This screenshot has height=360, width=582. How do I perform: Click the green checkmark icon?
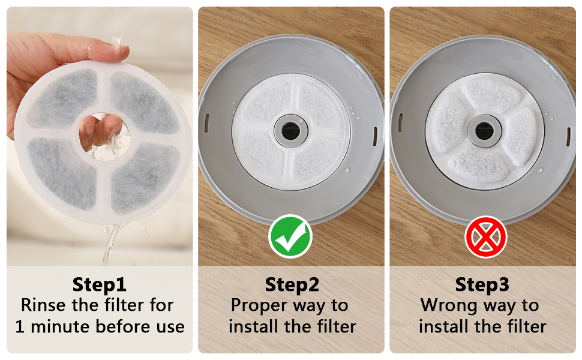pyautogui.click(x=290, y=236)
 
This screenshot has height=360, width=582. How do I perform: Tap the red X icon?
pyautogui.click(x=486, y=237)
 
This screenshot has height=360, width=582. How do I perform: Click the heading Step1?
pyautogui.click(x=100, y=284)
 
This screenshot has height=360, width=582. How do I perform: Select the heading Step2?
pyautogui.click(x=292, y=284)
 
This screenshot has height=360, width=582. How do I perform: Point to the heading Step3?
pyautogui.click(x=482, y=284)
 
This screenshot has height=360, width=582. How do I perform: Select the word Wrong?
pyautogui.click(x=448, y=306)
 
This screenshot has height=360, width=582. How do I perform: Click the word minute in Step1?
pyautogui.click(x=60, y=326)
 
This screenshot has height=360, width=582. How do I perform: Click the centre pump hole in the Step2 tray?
pyautogui.click(x=290, y=131)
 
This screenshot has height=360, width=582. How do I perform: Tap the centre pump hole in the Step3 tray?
pyautogui.click(x=484, y=131)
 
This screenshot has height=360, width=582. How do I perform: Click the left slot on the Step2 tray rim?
pyautogui.click(x=207, y=123)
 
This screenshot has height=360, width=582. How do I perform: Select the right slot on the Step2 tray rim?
pyautogui.click(x=375, y=136)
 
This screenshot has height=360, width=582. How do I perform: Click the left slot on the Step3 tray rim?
pyautogui.click(x=400, y=123)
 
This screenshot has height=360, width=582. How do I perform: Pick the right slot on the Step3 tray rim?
pyautogui.click(x=569, y=137)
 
